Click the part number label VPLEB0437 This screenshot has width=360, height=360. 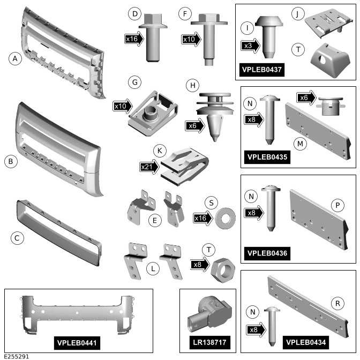[262, 70]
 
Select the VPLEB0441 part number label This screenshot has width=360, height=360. [77, 343]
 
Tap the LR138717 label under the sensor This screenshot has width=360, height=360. [210, 342]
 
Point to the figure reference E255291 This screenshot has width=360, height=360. [17, 357]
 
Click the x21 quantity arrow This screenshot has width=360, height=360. [149, 167]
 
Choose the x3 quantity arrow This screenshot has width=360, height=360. [250, 46]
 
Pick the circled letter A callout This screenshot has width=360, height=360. [15, 58]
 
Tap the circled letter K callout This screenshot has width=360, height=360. [160, 151]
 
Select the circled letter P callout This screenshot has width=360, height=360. [337, 205]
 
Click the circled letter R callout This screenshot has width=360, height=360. [337, 303]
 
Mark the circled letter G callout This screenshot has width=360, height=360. [135, 82]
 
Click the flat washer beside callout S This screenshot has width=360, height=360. [226, 219]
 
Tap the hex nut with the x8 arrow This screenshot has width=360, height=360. [223, 270]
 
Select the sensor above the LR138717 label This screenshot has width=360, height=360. [209, 313]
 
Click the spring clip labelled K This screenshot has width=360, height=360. [185, 167]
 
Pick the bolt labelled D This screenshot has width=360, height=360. [153, 37]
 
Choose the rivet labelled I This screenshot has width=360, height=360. [269, 37]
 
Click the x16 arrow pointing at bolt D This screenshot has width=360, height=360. [134, 39]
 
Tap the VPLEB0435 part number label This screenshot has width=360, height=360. [267, 157]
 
